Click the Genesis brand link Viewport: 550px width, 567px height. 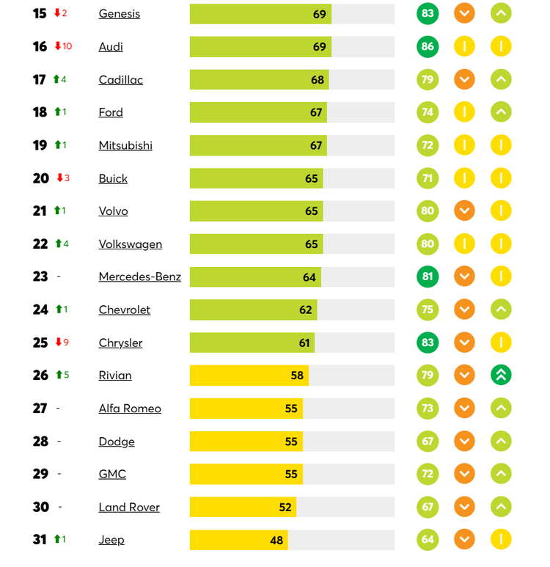120,14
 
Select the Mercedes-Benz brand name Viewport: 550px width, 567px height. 140,277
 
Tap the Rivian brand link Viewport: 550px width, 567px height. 115,376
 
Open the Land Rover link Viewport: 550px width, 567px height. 129,507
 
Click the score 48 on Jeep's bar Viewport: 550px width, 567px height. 276,541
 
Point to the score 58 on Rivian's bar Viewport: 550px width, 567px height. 297,376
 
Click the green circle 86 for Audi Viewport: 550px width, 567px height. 428,47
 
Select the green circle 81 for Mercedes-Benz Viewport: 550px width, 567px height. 428,277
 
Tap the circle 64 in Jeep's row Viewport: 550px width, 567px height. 428,540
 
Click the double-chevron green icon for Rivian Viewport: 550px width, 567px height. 501,376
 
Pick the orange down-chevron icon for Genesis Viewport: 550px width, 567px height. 464,14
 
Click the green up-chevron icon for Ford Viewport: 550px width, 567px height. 501,112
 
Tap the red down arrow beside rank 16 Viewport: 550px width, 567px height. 58,46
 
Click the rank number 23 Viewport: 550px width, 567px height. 40,277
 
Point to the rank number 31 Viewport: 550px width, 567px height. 40,540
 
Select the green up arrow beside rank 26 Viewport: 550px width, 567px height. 59,376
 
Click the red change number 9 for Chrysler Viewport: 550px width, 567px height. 66,343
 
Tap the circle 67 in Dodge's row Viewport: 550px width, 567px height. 428,442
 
